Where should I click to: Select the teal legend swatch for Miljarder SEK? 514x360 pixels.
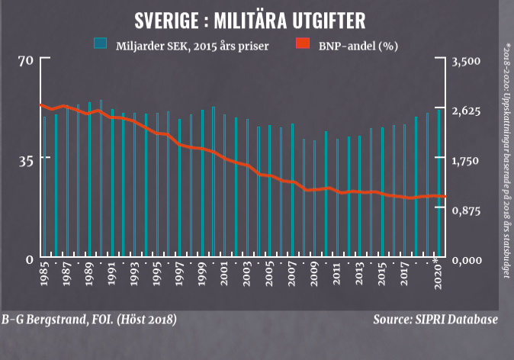click(x=100, y=44)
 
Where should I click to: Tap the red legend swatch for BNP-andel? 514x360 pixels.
click(x=302, y=44)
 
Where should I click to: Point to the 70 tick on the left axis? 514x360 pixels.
click(x=24, y=61)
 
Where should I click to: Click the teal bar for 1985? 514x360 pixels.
click(x=45, y=187)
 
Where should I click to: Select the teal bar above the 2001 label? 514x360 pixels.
click(x=224, y=186)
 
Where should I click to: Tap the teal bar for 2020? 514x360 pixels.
click(x=439, y=182)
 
